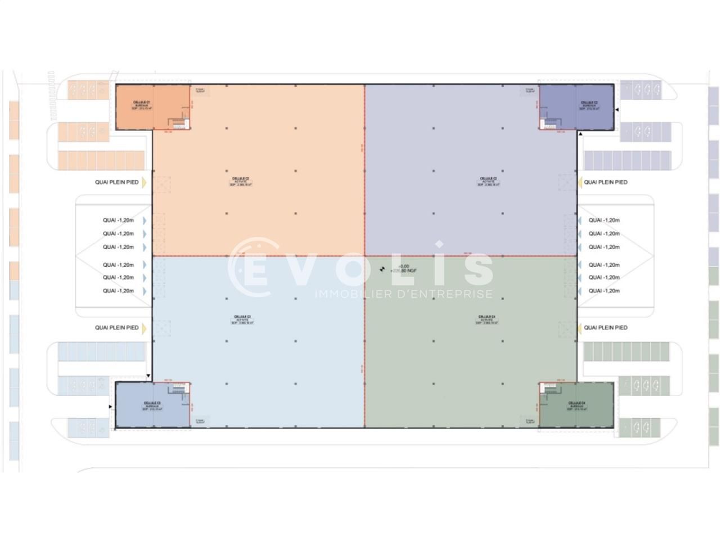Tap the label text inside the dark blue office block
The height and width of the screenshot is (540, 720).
[x=152, y=406]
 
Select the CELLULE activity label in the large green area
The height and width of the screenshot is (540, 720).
[x=487, y=319]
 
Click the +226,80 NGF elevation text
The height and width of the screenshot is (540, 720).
[x=404, y=271]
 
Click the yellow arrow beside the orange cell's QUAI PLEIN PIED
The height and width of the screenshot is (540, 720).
[x=144, y=182]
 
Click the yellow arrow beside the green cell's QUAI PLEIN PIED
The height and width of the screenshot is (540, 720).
[x=579, y=328]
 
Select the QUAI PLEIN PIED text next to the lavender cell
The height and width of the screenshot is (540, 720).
[x=606, y=182]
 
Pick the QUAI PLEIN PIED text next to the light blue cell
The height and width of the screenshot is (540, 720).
[x=116, y=328]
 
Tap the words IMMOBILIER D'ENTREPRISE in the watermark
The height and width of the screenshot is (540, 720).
[x=403, y=294]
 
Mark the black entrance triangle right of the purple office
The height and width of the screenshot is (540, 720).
[x=616, y=110]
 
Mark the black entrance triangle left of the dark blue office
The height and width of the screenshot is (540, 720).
[x=110, y=406]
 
